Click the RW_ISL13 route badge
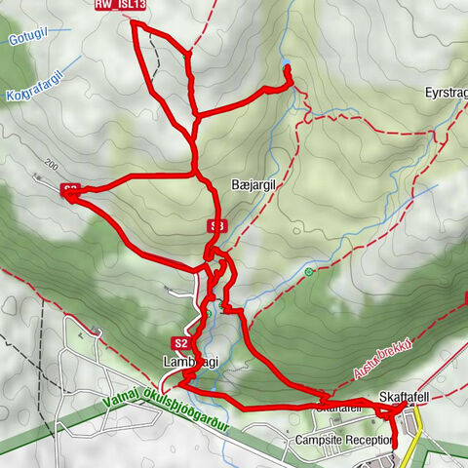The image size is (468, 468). tap(121, 5)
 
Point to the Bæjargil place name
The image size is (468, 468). tap(256, 182)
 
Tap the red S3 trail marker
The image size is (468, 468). tap(217, 225)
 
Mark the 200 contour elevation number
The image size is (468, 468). tap(51, 162)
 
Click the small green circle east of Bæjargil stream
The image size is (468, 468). tap(309, 272)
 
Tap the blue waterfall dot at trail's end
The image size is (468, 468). tap(288, 68)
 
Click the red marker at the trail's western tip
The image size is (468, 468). tap(70, 191)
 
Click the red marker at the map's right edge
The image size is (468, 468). tap(465, 298)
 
